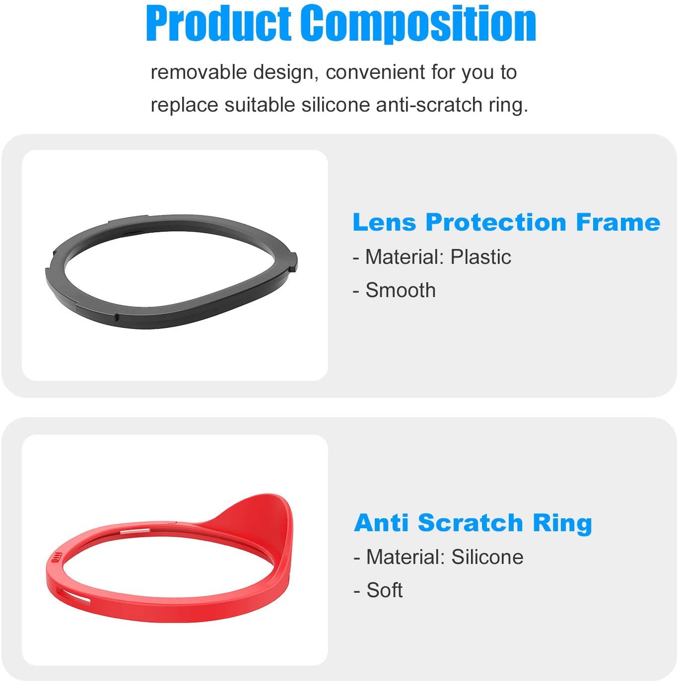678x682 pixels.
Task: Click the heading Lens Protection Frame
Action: point(506,222)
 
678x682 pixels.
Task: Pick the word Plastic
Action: point(480,257)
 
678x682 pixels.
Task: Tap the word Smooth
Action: point(401,290)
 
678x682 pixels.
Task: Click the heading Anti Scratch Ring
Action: point(473,523)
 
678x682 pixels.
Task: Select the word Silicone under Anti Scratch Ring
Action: point(487,557)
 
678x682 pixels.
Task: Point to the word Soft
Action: point(385,590)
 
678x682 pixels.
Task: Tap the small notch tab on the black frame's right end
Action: point(294,261)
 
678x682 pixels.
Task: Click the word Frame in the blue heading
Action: point(618,222)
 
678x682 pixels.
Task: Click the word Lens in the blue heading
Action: point(384,222)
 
